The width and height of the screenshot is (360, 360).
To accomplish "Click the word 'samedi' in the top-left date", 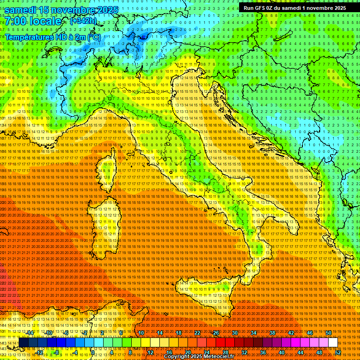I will [23, 9].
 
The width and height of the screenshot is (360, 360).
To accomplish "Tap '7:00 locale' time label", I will [33, 21].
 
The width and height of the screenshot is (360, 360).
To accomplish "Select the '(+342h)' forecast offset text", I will [83, 21].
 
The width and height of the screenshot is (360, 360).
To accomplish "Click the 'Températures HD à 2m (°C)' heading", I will [52, 37].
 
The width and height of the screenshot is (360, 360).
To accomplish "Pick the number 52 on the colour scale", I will [338, 352].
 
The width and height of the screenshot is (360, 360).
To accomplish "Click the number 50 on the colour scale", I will [328, 333].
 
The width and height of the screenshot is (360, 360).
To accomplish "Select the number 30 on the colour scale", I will [234, 333].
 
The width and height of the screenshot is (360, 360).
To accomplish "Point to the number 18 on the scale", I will [178, 333].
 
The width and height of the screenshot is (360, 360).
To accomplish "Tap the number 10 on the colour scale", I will [141, 333].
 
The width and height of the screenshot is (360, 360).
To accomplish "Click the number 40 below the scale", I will [281, 352].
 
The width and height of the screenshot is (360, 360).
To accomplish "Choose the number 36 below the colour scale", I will [262, 352].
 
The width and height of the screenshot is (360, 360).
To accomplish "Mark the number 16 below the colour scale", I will [169, 352].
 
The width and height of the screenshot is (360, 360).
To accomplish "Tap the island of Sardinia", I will [104, 230].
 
